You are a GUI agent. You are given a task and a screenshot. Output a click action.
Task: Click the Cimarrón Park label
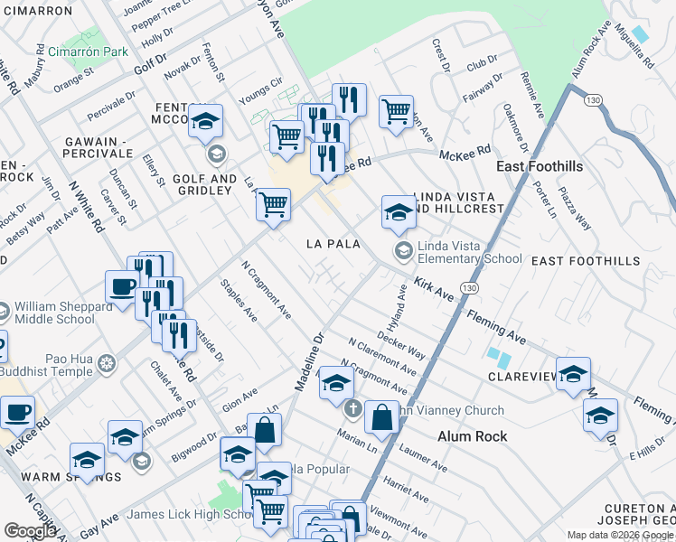pos(89,51)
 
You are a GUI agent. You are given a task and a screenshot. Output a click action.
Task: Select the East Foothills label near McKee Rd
pos(540,167)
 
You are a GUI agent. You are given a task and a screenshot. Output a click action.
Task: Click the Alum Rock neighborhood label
pos(472,435)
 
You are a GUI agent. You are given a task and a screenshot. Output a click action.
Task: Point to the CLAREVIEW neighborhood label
pos(521,376)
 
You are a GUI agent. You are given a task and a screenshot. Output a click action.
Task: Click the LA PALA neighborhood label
pos(333,244)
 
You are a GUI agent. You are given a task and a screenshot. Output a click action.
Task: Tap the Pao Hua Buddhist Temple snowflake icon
pos(107,364)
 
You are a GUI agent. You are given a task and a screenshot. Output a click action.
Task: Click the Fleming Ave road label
pos(496,326)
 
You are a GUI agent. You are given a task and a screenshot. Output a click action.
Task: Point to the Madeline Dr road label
pos(309,364)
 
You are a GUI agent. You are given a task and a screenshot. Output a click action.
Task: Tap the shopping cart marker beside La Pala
pos(272,205)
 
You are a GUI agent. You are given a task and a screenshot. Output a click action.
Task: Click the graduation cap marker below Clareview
pos(601,416)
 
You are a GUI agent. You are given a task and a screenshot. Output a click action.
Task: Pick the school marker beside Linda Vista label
pos(398,213)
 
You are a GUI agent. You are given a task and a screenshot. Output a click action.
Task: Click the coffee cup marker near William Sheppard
pos(123,289)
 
